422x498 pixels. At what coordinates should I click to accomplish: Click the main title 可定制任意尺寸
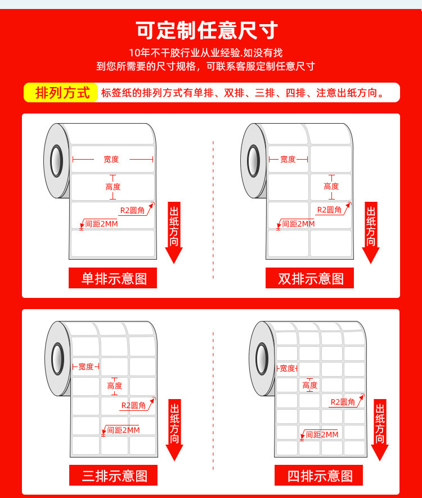coord(207,31)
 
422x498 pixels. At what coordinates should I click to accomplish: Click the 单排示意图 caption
coord(113,278)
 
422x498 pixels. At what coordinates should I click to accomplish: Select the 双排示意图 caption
coord(310,278)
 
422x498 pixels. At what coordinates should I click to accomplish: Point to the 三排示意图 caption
coord(114,476)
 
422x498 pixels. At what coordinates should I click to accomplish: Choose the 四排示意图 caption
coord(318,476)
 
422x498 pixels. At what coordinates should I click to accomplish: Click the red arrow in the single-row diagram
coord(174,232)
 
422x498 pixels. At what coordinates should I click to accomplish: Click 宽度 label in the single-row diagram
coord(111,159)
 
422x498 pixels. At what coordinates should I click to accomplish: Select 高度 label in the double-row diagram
coord(331,186)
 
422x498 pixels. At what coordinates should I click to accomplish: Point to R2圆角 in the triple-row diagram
coord(134,405)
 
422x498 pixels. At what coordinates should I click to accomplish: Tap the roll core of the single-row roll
coord(57,160)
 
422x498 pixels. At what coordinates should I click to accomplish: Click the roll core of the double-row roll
coord(254,160)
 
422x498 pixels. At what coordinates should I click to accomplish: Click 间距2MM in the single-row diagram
coord(101,224)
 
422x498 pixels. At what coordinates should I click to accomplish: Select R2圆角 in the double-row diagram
coord(330,210)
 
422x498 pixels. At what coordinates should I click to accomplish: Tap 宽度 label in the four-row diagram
coord(288,368)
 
